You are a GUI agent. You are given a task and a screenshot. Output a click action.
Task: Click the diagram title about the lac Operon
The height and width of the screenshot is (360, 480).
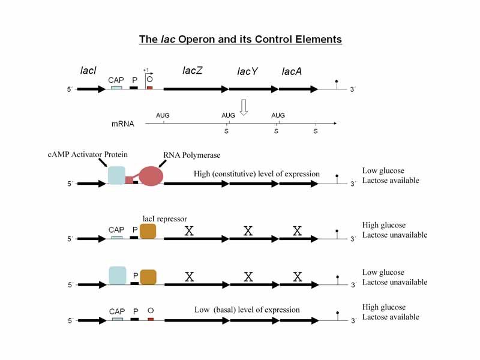[x=240, y=40]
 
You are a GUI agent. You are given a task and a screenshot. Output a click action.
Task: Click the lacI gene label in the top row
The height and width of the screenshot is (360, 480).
[x=88, y=71]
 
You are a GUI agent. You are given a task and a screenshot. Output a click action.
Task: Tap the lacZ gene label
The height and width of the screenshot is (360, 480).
[x=193, y=71]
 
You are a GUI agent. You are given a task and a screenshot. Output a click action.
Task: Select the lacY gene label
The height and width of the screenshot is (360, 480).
[x=247, y=72]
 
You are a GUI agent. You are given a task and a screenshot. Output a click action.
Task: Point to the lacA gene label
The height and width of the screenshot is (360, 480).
[x=292, y=72]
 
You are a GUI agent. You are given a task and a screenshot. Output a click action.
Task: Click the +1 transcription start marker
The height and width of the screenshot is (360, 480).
[x=146, y=70]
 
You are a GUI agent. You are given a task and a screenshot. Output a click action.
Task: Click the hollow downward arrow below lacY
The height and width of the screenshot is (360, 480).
[x=244, y=107]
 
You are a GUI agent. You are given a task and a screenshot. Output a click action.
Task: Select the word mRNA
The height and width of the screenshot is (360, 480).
[x=123, y=124]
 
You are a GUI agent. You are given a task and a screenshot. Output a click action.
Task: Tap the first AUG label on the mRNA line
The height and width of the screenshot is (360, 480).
[x=163, y=115]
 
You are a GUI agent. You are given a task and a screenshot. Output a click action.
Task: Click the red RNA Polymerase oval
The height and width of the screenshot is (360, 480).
[x=151, y=175]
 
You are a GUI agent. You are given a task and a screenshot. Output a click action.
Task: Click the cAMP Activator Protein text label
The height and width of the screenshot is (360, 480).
[x=88, y=155]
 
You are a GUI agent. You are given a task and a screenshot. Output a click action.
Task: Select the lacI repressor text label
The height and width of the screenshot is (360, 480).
[x=166, y=218]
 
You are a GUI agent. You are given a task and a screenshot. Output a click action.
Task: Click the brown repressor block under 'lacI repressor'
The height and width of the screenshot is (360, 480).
[x=148, y=232]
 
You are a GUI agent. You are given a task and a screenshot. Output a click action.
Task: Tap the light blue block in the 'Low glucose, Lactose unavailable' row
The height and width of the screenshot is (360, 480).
[x=117, y=275]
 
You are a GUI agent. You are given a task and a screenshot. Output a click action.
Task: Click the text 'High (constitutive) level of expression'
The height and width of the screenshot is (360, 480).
[x=257, y=174]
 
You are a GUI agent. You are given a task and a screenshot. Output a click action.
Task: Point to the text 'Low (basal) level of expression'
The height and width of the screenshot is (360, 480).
[x=247, y=310]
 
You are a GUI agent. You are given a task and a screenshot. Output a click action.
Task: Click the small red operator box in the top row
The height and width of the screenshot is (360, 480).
[x=149, y=88]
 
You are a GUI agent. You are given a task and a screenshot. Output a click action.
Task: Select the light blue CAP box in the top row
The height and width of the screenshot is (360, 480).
[x=116, y=88]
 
